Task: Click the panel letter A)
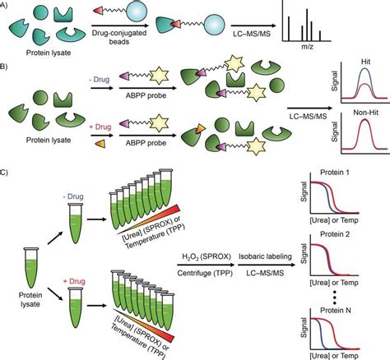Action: coord(7,5)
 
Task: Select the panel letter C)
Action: coord(7,196)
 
